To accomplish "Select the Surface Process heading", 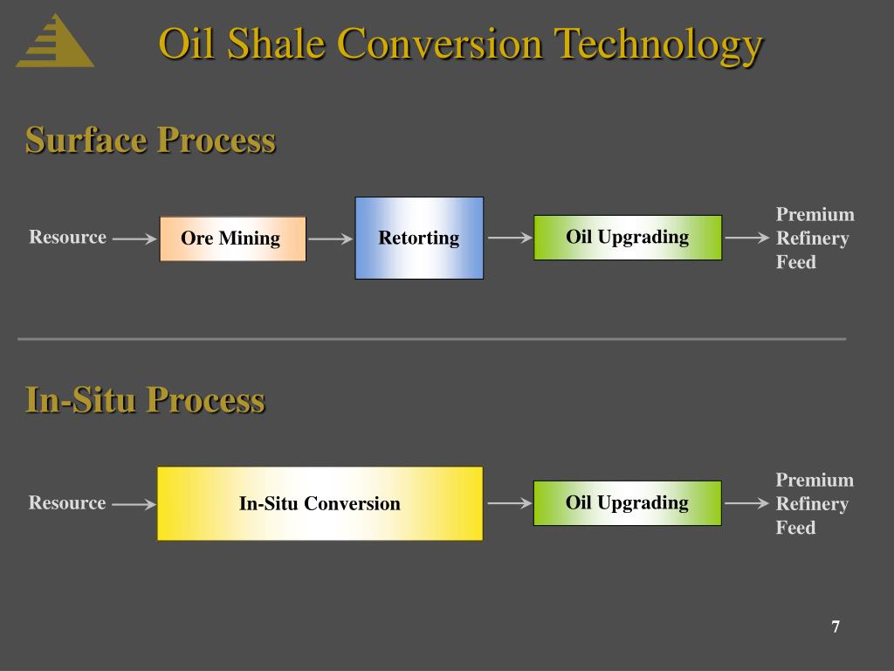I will click(150, 140).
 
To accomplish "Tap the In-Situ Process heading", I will click(145, 399).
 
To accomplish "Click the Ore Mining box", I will click(232, 239).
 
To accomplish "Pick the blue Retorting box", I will click(419, 238).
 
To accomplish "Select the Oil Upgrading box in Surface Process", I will click(628, 237).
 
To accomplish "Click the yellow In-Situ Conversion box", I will click(320, 503).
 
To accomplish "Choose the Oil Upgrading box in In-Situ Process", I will click(627, 502).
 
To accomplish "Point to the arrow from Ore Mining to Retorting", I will click(330, 238).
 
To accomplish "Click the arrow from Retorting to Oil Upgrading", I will click(509, 238).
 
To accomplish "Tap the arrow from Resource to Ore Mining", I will click(134, 238).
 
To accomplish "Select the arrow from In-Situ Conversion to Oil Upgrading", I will click(509, 503).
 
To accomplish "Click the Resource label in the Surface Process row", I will click(68, 237).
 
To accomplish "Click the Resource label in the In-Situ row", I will click(67, 502).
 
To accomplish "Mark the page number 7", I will click(836, 626).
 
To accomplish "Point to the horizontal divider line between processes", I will click(431, 338).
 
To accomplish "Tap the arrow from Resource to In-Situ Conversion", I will click(134, 503).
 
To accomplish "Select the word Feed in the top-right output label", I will click(795, 261).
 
